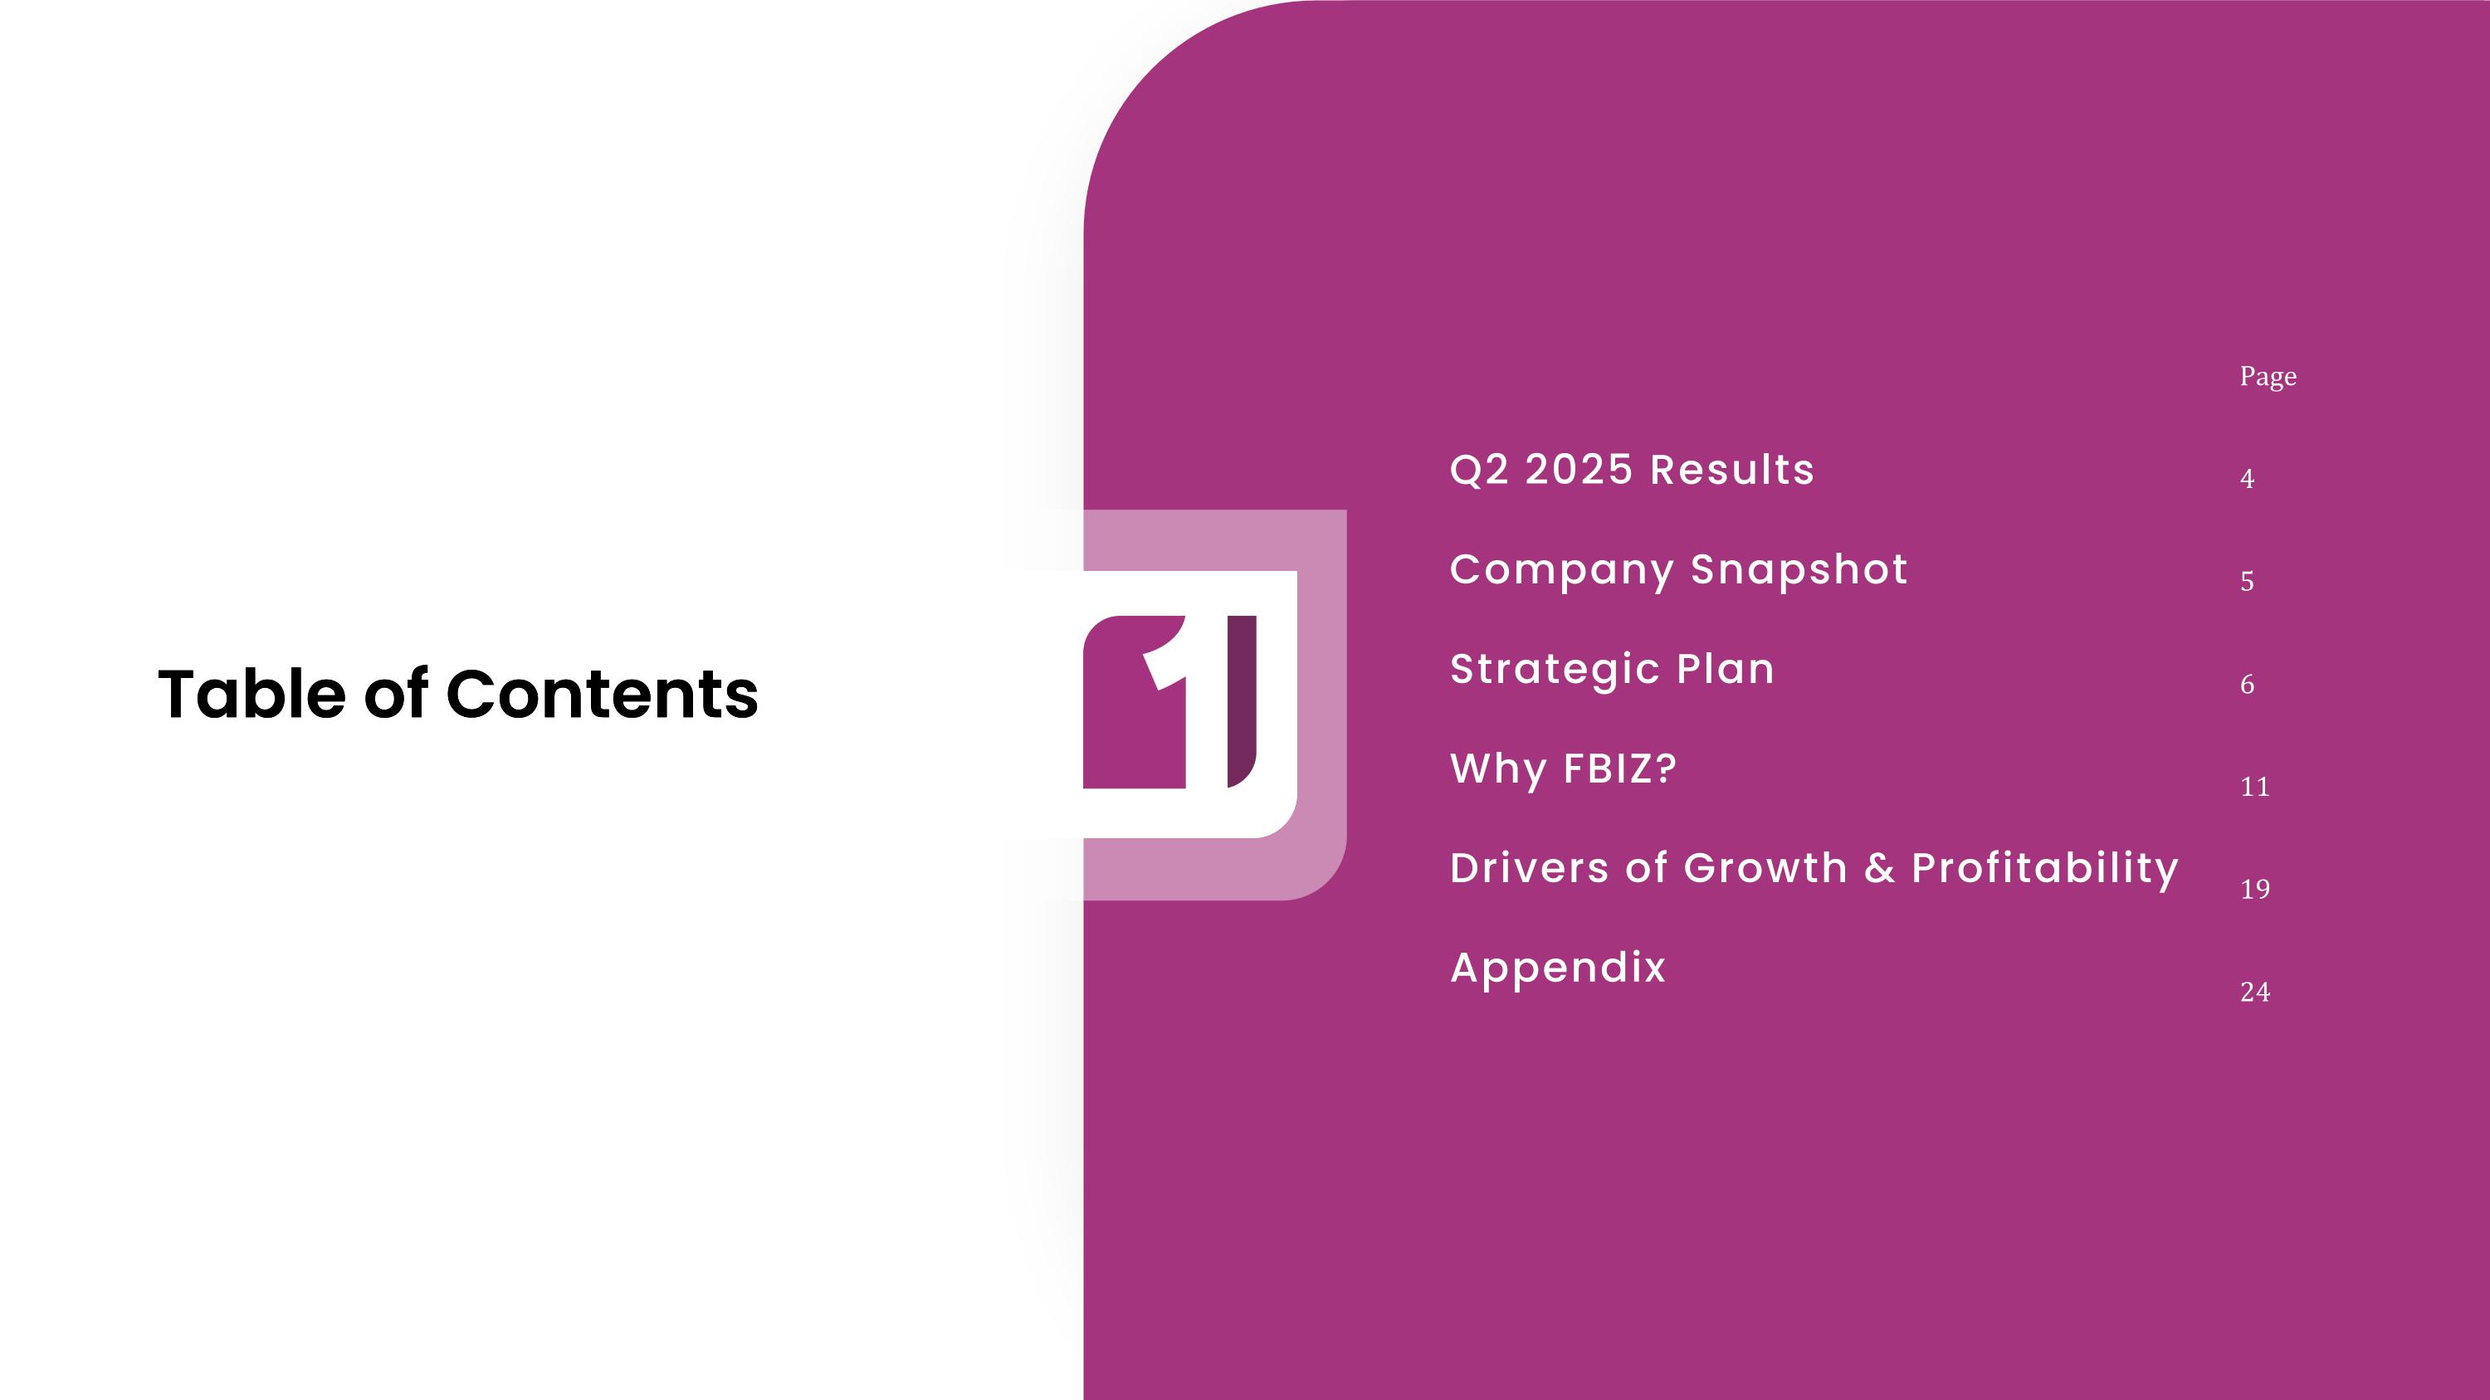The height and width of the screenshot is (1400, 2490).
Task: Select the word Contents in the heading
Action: pos(603,694)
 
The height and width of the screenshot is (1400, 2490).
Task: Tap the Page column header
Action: pos(2268,377)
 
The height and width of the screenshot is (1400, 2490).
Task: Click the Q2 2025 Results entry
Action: pos(1632,470)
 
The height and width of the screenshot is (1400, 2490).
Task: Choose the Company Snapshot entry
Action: pos(1678,569)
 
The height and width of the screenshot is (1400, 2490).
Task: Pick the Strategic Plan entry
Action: pos(1611,669)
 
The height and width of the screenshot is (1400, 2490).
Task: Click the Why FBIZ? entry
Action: pos(1563,769)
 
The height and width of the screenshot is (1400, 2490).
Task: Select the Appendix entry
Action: pos(1557,967)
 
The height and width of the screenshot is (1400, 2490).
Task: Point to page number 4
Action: pos(2247,479)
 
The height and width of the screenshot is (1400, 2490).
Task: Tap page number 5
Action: pos(2247,582)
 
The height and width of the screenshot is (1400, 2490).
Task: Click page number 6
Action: pos(2247,685)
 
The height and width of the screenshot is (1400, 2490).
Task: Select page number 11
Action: pos(2254,788)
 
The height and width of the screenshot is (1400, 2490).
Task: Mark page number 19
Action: pos(2254,890)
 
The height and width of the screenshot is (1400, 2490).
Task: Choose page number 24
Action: pos(2254,993)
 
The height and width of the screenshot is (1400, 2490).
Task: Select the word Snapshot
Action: pos(1799,569)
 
